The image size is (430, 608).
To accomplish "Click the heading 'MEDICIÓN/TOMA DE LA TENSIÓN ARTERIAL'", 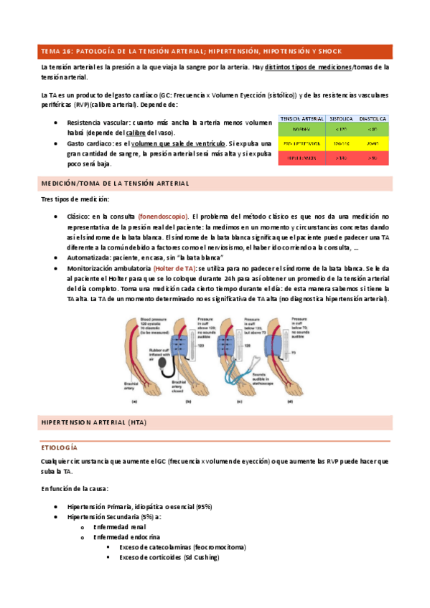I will click(x=115, y=184).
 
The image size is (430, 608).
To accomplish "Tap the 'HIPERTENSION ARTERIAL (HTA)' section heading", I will click(x=93, y=422).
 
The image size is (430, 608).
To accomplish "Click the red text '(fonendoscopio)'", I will click(x=163, y=216).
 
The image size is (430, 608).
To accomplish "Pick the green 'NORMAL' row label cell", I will click(x=300, y=130).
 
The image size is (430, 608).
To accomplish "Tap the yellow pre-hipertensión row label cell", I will click(x=300, y=143).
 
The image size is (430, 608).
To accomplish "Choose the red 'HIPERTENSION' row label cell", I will click(x=300, y=157).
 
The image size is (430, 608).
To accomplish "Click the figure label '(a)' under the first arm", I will click(x=134, y=402).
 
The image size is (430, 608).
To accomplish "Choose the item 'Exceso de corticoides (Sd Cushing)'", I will click(x=169, y=557).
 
